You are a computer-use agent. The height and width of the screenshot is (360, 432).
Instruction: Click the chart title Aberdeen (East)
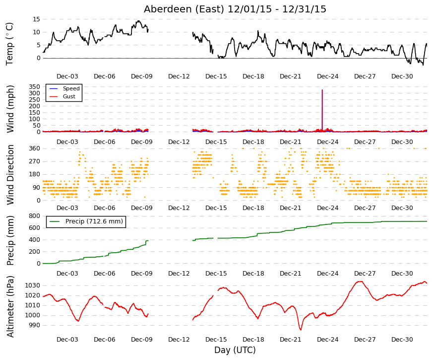point(184,9)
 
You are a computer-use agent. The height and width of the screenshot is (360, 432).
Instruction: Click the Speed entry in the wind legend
point(71,88)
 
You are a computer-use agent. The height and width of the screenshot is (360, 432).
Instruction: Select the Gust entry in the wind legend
point(69,96)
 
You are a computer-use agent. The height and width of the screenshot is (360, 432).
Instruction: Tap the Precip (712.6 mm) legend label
point(94,221)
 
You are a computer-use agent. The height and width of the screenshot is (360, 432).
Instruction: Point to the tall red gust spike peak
point(322,90)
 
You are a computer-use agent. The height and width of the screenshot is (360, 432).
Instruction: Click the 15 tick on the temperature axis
point(36,19)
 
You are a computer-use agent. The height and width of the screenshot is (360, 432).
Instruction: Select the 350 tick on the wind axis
point(34,86)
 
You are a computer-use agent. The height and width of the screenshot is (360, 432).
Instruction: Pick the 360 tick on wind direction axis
point(34,148)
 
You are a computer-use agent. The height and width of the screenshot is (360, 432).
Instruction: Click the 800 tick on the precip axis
point(34,216)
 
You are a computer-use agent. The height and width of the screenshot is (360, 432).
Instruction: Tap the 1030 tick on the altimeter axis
point(33,285)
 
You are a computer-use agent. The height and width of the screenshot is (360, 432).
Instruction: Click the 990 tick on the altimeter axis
point(34,325)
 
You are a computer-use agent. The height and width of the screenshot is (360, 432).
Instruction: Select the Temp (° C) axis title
point(9,44)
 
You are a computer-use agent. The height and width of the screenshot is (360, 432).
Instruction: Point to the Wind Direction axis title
point(10,175)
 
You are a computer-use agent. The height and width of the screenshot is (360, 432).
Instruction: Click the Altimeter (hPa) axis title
point(10,306)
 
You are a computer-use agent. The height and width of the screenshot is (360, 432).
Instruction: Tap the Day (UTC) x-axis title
point(235,350)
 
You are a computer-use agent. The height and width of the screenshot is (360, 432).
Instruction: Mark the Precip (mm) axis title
point(10,240)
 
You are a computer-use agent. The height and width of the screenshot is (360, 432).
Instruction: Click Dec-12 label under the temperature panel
point(179,76)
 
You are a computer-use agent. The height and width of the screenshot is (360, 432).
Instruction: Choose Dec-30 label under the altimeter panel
point(402,340)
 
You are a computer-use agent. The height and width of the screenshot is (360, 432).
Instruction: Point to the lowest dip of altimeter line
point(301,330)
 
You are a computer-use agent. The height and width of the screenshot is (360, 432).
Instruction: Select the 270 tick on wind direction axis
point(34,161)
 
